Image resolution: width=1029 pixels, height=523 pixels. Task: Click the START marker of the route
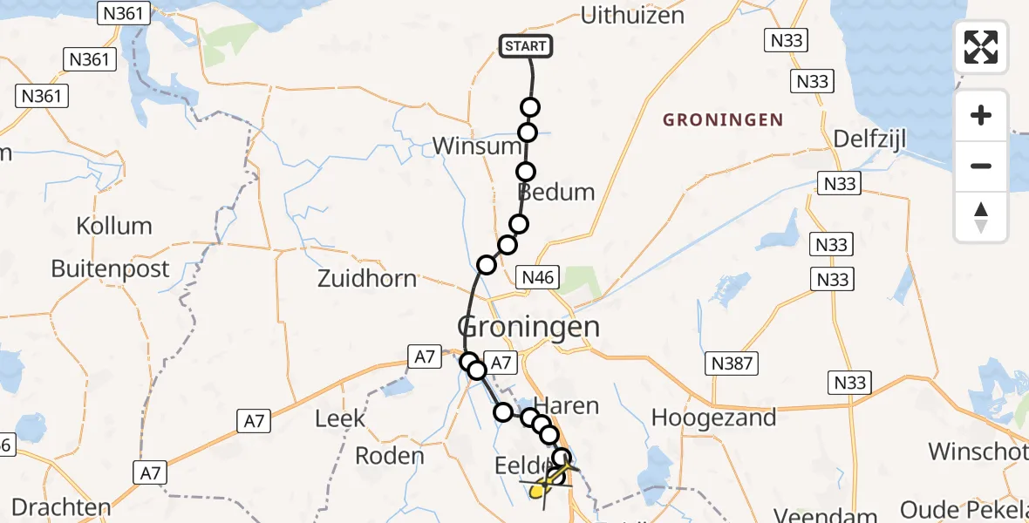point(526,46)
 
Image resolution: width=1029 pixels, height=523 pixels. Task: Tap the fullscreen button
point(981,47)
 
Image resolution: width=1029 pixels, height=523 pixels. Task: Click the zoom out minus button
point(981,166)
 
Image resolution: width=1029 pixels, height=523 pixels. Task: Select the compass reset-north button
point(981,217)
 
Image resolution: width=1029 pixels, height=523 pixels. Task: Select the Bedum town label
point(556,192)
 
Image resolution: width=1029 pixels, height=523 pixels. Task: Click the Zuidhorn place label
point(367,280)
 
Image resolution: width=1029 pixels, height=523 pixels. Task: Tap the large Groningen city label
point(529,328)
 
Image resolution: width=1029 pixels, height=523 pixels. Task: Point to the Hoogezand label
point(714,418)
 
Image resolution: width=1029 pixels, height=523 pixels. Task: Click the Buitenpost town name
point(110,268)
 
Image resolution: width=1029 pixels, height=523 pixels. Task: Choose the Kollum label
point(113,226)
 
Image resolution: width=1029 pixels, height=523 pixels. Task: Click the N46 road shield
point(537,277)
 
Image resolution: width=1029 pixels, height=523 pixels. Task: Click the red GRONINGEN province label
point(723,119)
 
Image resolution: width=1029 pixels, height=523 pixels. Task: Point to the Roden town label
point(390,455)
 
